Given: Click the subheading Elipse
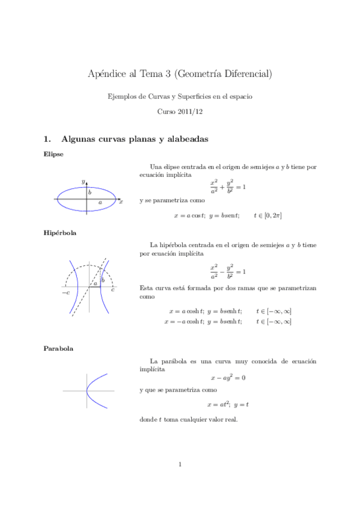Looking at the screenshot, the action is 53,155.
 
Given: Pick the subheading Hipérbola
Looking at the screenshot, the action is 59,232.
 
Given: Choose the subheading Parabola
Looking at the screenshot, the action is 58,348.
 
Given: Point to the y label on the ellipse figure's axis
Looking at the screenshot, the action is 83,180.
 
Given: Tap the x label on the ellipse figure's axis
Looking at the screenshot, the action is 121,203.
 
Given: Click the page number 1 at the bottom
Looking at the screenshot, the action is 180,464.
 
